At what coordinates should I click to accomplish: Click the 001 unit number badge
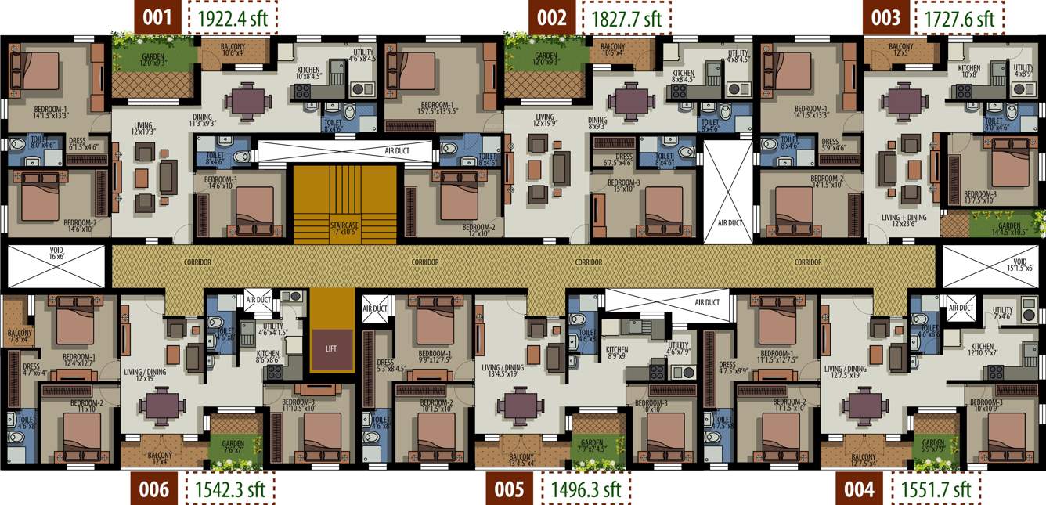pyautogui.click(x=157, y=17)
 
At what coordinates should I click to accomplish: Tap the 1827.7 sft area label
pyautogui.click(x=626, y=17)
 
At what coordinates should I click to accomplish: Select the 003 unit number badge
pyautogui.click(x=886, y=17)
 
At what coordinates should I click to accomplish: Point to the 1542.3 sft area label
pyautogui.click(x=230, y=489)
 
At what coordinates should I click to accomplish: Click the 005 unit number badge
pyautogui.click(x=509, y=489)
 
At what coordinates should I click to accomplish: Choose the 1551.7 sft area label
pyautogui.click(x=936, y=489)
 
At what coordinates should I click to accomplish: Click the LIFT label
pyautogui.click(x=330, y=348)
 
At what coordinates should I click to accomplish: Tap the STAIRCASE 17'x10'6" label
pyautogui.click(x=344, y=227)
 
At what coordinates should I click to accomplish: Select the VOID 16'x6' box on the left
pyautogui.click(x=55, y=265)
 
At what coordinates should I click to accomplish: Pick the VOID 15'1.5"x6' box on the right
pyautogui.click(x=994, y=265)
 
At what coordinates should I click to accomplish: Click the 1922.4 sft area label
pyautogui.click(x=233, y=17)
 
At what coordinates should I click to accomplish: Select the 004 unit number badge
pyautogui.click(x=859, y=489)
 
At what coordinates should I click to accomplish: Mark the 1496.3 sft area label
pyautogui.click(x=586, y=489)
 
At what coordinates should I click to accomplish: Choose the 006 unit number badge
pyautogui.click(x=153, y=489)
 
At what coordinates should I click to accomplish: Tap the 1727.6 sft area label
pyautogui.click(x=959, y=17)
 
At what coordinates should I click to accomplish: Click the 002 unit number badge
pyautogui.click(x=551, y=17)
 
